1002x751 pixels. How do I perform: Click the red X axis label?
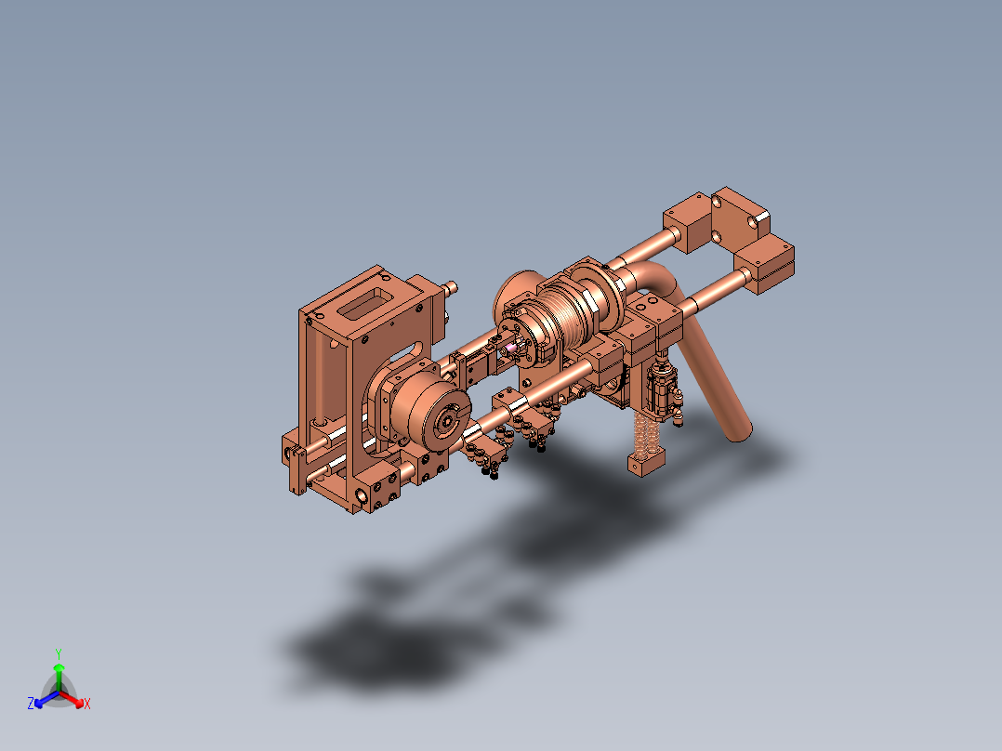coord(87,704)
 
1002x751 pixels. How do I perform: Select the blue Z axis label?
coord(30,704)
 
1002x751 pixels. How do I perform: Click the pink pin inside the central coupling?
coord(511,349)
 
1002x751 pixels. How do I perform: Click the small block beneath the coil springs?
coord(647,461)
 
